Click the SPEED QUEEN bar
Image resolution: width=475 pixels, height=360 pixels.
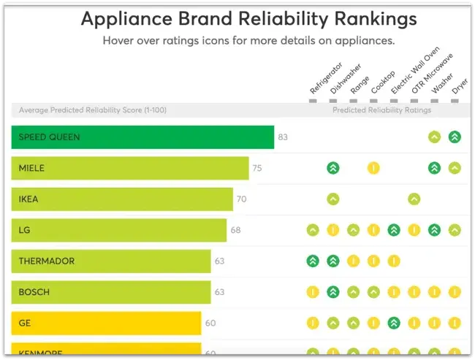click(142, 137)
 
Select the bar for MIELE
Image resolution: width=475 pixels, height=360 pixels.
click(130, 168)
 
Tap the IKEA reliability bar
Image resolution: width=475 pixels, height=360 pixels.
click(122, 199)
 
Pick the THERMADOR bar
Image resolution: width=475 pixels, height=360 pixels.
click(111, 261)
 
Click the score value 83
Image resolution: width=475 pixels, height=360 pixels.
click(283, 137)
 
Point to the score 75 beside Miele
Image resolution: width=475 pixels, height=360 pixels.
click(257, 168)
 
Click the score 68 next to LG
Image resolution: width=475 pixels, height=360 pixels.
click(235, 230)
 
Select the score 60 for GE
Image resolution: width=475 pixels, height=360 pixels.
click(210, 323)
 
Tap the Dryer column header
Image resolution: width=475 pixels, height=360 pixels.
click(458, 87)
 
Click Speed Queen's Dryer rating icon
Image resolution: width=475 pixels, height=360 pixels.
click(455, 137)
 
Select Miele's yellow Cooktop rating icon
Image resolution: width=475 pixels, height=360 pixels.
click(373, 168)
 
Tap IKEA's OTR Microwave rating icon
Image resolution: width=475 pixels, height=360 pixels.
click(414, 199)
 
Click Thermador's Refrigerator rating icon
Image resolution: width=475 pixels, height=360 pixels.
click(312, 261)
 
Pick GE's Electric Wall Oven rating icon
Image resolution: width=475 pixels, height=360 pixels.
click(394, 323)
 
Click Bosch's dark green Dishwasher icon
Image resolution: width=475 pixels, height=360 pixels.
click(332, 292)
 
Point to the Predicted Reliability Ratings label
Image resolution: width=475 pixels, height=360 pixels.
click(381, 110)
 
